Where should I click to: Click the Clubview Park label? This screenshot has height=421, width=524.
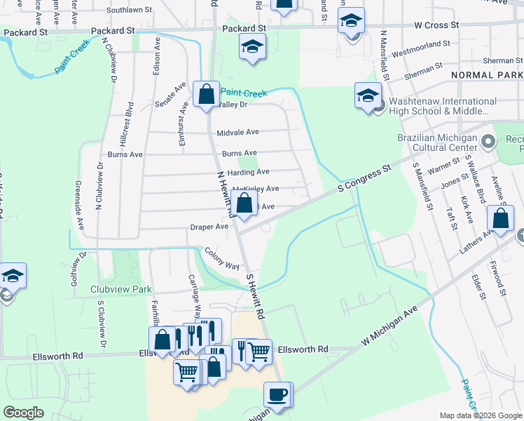pos(121,289)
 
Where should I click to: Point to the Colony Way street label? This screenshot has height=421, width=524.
pos(222,258)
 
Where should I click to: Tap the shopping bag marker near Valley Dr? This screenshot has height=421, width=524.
pos(207,95)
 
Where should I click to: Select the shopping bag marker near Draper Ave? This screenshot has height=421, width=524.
pos(244,206)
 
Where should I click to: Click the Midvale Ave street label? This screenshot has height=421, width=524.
pos(238,132)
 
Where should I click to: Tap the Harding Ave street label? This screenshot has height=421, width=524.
pos(248,171)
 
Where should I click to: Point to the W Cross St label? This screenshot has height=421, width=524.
pos(436,25)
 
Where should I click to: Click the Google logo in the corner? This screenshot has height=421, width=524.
pos(23,412)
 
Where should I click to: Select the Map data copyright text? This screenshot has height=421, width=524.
pos(480,415)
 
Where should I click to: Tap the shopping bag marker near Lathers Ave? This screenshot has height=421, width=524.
pos(502,219)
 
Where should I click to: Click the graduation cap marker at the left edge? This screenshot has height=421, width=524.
pos(12,276)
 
